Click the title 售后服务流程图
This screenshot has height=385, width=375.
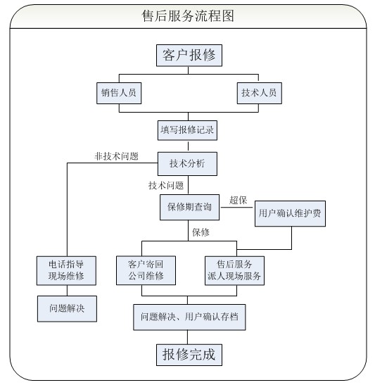tap(188, 16)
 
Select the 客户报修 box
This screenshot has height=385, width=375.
tap(189, 56)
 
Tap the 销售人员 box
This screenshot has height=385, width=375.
tap(119, 93)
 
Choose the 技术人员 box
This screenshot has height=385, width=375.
tap(259, 93)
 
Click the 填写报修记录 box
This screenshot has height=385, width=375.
tap(187, 130)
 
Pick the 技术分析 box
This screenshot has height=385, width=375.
tap(187, 164)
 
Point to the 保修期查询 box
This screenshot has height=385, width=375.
tap(189, 207)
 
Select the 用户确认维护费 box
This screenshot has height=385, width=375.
tap(290, 213)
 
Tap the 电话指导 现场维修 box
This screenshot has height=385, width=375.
tap(66, 270)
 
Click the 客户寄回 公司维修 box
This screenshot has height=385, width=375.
tap(146, 270)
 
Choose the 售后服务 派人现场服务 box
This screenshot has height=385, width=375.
tap(234, 270)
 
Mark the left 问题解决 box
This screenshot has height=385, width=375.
tap(67, 309)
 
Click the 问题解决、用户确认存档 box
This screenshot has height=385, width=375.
tap(189, 317)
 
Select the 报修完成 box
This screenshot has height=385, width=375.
tap(189, 355)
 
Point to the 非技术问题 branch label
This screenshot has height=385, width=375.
tap(116, 156)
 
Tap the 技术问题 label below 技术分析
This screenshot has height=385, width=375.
tap(166, 185)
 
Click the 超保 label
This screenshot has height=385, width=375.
tap(238, 200)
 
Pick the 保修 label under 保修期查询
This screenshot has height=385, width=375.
tap(201, 232)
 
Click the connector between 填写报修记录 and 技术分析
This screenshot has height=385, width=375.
tap(188, 146)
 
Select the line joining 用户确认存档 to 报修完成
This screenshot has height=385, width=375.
tap(187, 337)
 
